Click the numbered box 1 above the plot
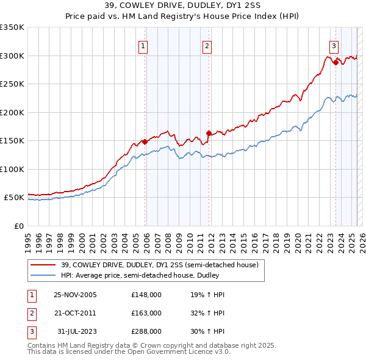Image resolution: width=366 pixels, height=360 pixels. tap(143, 45)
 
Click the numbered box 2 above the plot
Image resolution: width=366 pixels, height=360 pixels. tap(207, 45)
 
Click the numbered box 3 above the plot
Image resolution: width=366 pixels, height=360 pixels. tap(334, 45)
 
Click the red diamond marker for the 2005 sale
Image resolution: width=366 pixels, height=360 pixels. tap(145, 142)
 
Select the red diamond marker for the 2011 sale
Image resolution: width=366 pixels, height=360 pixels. tap(209, 133)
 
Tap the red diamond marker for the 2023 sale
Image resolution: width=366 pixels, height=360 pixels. tap(335, 62)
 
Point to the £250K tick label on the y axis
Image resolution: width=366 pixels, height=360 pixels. tap(12, 84)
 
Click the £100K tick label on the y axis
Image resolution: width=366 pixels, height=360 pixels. tap(12, 169)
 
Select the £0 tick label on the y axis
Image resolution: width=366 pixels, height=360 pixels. tap(18, 226)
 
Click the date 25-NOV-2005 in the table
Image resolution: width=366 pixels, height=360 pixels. tap(75, 295)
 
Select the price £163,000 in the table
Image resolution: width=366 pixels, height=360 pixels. tap(146, 312)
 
